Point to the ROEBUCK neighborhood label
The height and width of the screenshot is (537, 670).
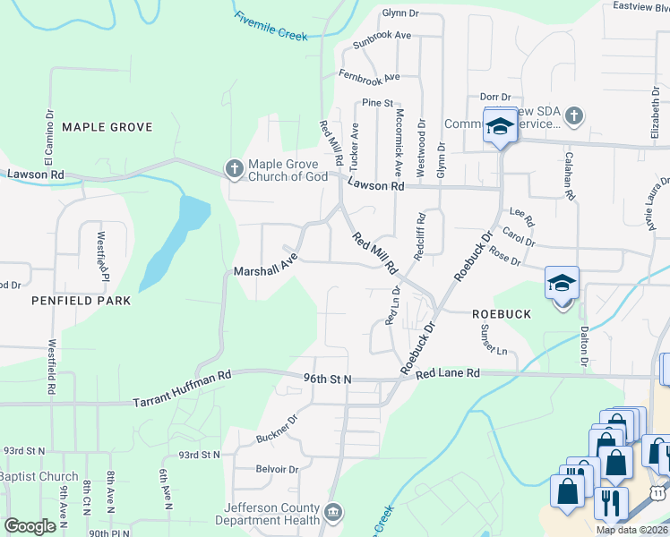(502, 314)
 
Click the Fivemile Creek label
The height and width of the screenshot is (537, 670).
(271, 25)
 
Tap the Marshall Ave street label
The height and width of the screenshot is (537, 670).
(265, 268)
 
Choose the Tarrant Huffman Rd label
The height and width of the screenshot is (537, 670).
(182, 390)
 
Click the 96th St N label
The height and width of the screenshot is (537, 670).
(328, 379)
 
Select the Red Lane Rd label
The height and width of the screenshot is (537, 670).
(448, 372)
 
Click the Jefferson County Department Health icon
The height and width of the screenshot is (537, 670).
(333, 512)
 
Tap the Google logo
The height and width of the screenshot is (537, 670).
(30, 526)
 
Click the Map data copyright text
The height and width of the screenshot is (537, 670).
(631, 530)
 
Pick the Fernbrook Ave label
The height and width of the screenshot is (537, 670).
(368, 76)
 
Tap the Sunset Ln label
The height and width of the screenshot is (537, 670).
(496, 337)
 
